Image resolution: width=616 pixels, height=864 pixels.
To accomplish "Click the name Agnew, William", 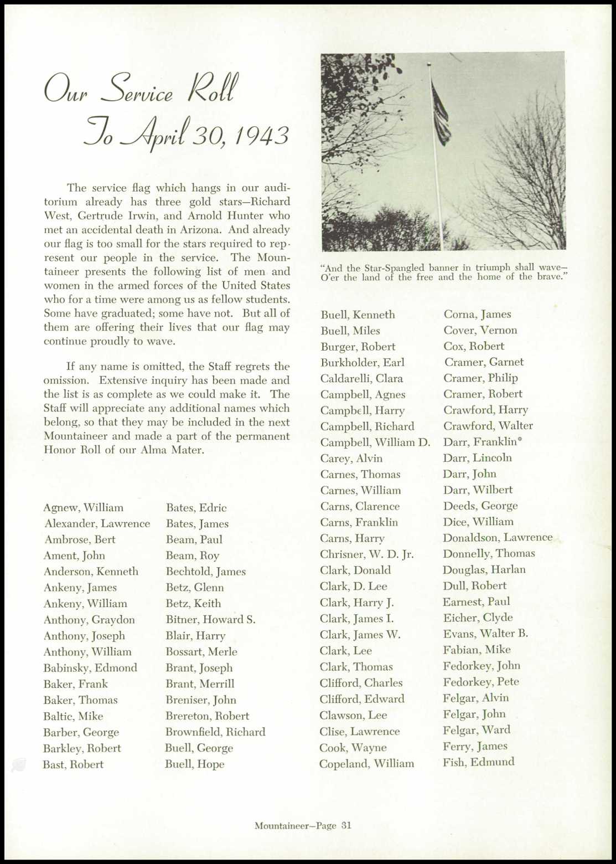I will [83, 508].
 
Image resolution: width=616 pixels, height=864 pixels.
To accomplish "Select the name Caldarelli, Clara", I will [361, 379].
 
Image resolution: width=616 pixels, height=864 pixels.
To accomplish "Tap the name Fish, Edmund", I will [478, 762].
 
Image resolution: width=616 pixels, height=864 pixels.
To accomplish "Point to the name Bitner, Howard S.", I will [210, 620].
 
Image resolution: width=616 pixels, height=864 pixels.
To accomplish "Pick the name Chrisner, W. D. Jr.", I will [366, 554].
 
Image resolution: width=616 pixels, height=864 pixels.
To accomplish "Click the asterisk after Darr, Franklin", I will [520, 440].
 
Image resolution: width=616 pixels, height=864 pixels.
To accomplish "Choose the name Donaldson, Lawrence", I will [497, 538].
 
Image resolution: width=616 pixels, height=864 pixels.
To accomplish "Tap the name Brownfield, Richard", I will [215, 732].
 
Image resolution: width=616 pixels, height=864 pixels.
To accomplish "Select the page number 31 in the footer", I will [346, 825].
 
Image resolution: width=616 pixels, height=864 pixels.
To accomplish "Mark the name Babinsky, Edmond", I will [90, 668].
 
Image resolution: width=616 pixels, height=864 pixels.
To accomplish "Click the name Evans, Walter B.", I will [485, 634].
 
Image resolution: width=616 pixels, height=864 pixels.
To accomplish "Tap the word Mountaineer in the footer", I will [279, 826].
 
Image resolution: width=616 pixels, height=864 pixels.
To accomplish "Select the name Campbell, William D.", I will [375, 443].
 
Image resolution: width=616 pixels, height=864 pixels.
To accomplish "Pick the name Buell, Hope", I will [194, 764].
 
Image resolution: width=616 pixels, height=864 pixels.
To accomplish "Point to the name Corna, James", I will [477, 315].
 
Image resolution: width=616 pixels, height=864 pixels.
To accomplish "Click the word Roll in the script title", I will [213, 89].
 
